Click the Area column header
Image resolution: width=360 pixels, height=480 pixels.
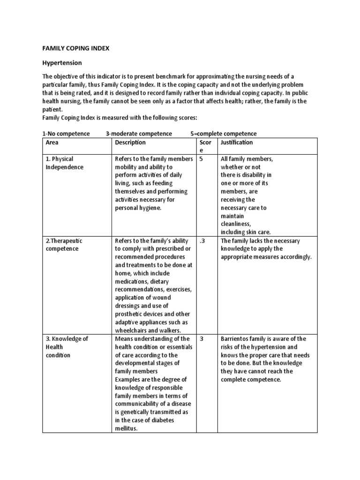point(52,142)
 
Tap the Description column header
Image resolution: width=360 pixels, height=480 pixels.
point(130,142)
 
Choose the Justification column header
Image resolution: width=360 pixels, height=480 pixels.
point(237,142)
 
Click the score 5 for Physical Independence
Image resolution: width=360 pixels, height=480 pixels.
point(202,159)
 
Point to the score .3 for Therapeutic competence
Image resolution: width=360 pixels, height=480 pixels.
point(202,241)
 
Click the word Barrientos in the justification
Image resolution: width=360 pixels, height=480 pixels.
point(237,339)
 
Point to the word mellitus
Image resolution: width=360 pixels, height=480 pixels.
point(126,428)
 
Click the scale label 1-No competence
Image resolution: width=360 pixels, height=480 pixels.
point(66,134)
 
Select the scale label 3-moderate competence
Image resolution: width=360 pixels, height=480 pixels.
point(139,134)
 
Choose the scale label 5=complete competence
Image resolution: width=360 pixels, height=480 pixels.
point(224,134)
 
